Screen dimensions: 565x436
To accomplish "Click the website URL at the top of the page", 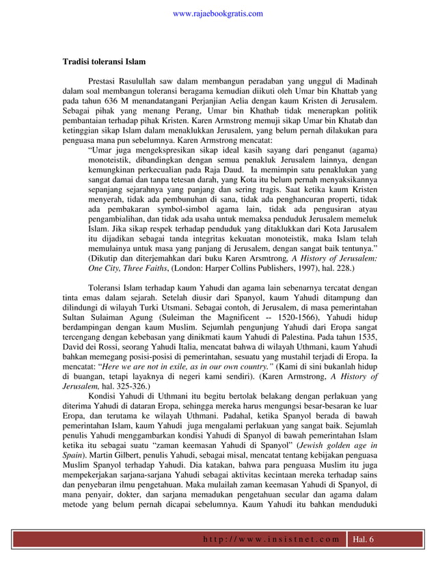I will coord(218,13).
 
